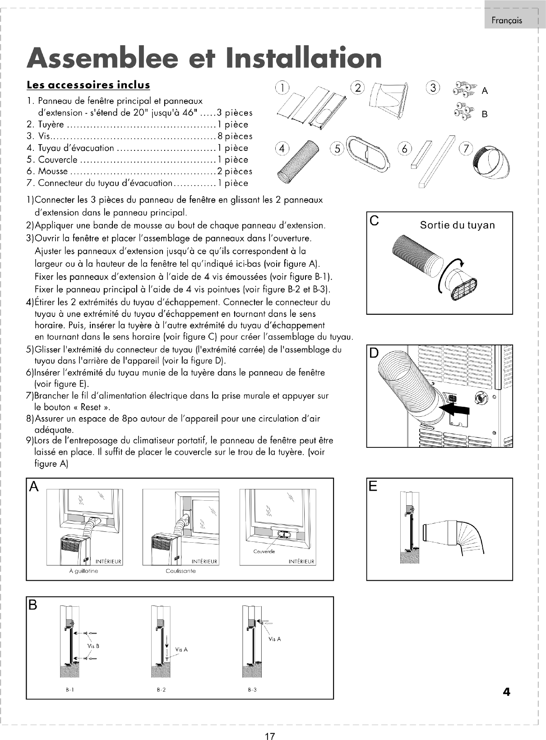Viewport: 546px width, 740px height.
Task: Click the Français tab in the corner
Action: click(x=506, y=20)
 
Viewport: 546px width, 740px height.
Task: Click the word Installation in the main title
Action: click(x=303, y=58)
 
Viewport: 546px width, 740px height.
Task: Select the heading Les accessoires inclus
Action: click(x=88, y=85)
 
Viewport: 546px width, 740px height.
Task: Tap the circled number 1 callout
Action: click(x=282, y=88)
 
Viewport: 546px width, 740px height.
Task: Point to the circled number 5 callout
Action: click(x=337, y=149)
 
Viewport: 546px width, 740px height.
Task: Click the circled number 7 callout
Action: click(x=466, y=149)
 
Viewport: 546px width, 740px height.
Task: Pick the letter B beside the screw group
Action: click(x=485, y=114)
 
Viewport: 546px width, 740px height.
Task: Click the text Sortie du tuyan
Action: click(x=457, y=225)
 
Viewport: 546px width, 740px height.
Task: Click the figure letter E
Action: click(x=373, y=486)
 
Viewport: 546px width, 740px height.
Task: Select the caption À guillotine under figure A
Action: click(x=83, y=571)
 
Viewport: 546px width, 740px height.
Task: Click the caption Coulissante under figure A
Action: click(x=180, y=571)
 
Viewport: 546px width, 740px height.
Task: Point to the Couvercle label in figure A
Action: click(x=264, y=551)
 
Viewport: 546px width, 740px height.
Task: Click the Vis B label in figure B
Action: click(x=93, y=646)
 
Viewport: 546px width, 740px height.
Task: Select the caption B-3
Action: click(x=252, y=689)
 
